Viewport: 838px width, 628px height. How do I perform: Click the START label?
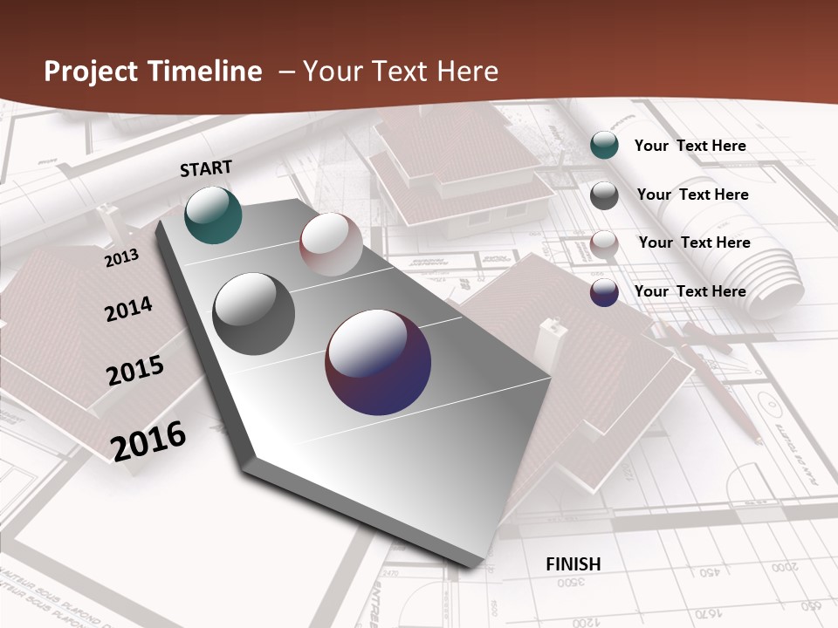pos(206,168)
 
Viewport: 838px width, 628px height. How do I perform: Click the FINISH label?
pos(574,563)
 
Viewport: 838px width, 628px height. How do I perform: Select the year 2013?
pos(122,257)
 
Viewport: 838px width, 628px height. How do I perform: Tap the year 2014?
pos(128,309)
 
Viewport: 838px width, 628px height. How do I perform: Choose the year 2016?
pos(148,440)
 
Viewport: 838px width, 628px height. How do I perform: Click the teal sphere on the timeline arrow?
pos(213,215)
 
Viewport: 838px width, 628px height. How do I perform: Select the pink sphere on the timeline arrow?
pos(332,243)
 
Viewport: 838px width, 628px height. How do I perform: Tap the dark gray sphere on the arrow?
pos(254,313)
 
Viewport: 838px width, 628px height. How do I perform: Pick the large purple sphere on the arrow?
pos(378,362)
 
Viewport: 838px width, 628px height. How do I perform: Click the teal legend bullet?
pos(604,146)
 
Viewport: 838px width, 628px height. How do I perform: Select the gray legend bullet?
pos(604,195)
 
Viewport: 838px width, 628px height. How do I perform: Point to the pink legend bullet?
pos(604,244)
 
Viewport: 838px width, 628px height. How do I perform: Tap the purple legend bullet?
pos(604,292)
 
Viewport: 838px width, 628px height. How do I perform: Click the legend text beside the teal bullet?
pos(690,146)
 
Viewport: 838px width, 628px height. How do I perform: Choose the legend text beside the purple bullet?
pos(690,291)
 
